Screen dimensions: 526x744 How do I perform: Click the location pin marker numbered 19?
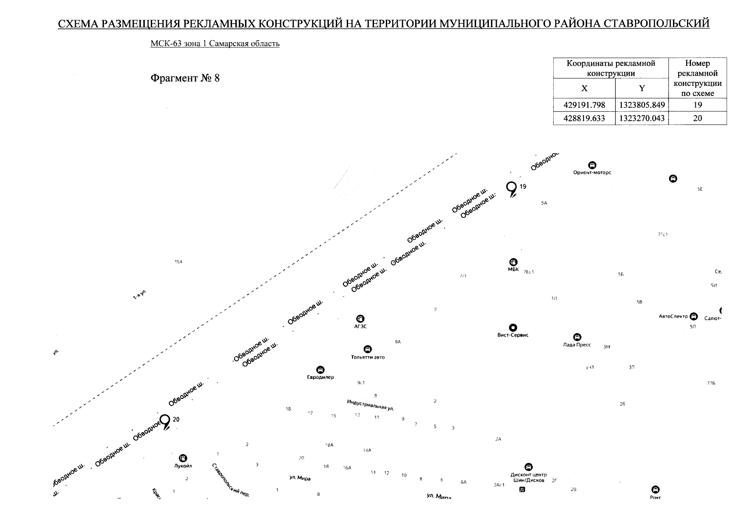511,188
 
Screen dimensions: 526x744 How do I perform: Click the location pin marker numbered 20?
165,421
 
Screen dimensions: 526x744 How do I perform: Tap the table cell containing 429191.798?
584,105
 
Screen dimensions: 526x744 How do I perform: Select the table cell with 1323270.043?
642,118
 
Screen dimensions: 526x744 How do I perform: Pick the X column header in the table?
584,88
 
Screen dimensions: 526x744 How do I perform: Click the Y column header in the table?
642,88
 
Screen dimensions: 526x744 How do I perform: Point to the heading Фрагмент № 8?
185,78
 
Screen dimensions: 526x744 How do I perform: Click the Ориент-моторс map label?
592,172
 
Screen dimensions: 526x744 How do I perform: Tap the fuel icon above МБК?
513,262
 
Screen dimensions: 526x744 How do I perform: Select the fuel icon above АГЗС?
360,319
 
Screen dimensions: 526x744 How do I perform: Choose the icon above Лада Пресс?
577,337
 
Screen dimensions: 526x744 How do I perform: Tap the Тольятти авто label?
367,357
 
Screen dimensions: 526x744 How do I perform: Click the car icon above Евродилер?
320,370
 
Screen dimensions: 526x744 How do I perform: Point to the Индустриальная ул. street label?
370,405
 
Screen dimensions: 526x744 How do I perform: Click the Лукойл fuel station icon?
183,458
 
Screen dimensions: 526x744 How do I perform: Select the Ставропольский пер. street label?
230,480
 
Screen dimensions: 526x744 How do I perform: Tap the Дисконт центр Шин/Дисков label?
529,477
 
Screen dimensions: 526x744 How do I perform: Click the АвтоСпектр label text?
673,316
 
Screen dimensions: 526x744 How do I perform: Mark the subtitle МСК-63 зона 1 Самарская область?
215,44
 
